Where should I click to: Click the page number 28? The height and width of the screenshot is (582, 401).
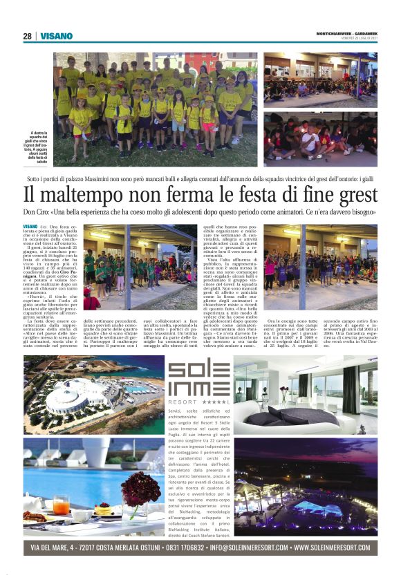tap(27, 36)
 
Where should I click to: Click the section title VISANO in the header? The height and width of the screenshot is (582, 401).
tap(56, 36)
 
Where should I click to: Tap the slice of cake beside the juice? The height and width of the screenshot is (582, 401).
tap(102, 511)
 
